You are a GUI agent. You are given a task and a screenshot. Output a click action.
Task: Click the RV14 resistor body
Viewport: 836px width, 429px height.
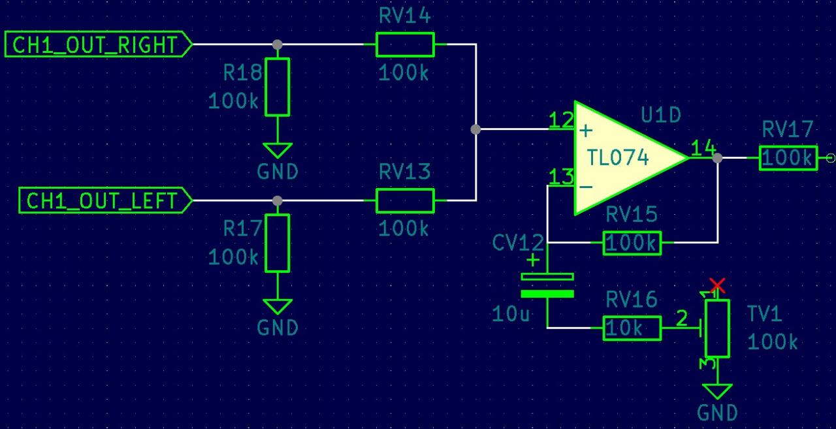(405, 45)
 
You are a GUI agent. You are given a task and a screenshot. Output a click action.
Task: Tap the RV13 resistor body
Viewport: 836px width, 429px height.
(405, 200)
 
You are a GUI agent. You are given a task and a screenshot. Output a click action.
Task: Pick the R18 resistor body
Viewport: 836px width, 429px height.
(278, 87)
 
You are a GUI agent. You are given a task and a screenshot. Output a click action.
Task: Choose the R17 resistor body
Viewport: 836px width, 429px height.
(278, 243)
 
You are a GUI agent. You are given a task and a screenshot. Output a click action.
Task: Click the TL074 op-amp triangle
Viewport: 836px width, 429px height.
(620, 157)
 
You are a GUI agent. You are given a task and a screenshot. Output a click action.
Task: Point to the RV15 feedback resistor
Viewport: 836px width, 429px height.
(632, 243)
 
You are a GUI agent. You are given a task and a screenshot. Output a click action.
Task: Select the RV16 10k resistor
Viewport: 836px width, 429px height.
(632, 328)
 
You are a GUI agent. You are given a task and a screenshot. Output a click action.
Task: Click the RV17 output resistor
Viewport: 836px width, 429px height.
(788, 157)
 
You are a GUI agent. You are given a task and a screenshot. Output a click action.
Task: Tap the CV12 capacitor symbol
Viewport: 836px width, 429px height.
(547, 285)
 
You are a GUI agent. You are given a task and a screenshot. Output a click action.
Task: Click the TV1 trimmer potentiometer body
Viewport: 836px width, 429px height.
(717, 328)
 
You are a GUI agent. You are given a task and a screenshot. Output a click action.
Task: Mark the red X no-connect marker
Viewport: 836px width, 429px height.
(717, 285)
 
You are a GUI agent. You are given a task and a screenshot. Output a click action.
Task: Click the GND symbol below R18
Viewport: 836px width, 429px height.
(278, 151)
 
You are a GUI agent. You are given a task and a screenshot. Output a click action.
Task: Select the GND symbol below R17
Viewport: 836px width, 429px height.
(278, 307)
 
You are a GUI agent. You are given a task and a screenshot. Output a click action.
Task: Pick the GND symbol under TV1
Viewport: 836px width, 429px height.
(717, 392)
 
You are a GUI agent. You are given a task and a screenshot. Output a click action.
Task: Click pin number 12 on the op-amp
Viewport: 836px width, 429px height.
(560, 120)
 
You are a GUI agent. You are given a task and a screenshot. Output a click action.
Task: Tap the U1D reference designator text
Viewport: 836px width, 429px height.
(660, 116)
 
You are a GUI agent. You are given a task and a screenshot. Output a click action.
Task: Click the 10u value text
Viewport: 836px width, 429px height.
(511, 315)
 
